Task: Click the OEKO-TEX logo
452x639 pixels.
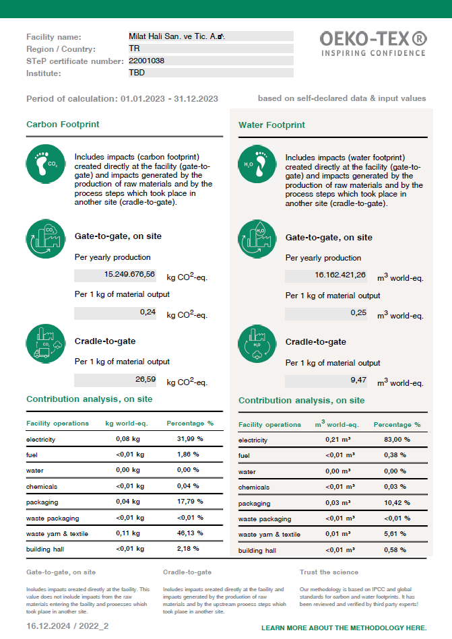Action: tap(373, 43)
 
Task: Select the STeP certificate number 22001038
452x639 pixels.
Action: tap(147, 61)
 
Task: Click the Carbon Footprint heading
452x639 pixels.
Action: tap(63, 125)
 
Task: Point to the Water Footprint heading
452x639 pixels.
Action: tap(271, 125)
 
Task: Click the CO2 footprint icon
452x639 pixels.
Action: tap(45, 163)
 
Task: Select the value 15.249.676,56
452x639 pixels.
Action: tap(129, 275)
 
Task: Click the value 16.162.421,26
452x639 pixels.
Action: tap(340, 275)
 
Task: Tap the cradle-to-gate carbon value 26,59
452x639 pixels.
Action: tap(145, 380)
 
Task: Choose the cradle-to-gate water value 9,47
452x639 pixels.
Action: tap(358, 380)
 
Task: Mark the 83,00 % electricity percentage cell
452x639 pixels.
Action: tap(397, 440)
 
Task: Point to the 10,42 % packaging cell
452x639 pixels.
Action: tap(397, 503)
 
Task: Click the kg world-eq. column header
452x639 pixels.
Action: tap(127, 424)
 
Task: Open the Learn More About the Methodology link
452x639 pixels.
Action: tap(344, 628)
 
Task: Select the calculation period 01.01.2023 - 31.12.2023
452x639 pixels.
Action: tap(169, 98)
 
